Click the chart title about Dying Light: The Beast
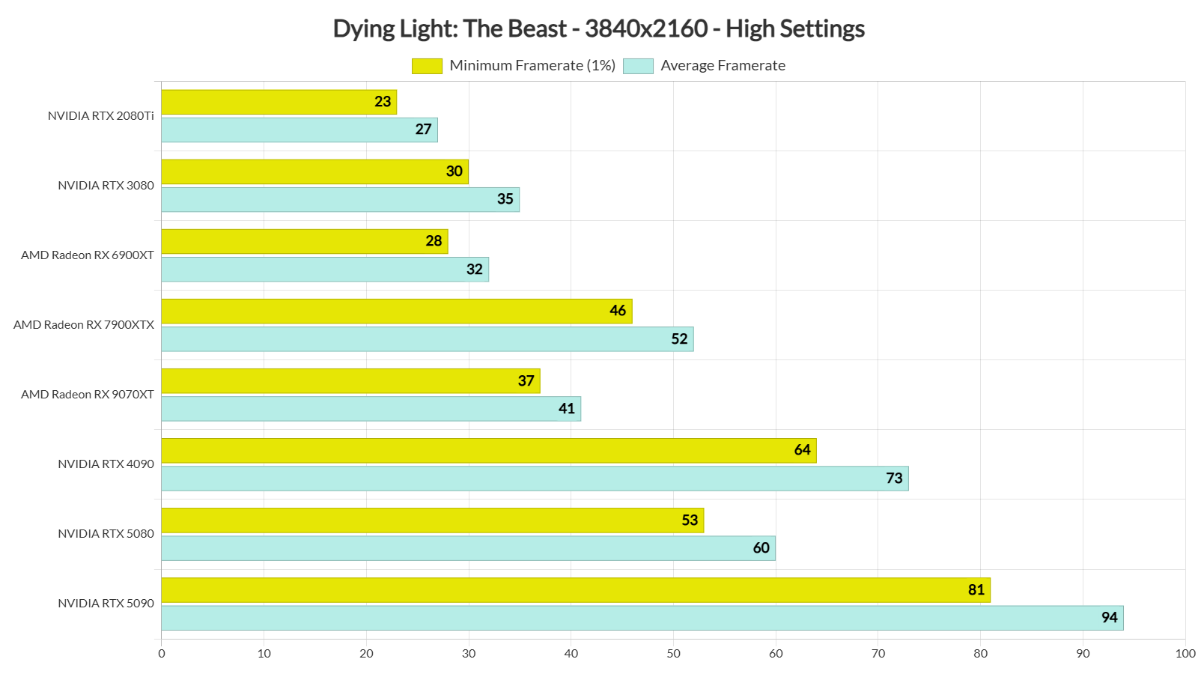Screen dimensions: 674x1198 click(x=598, y=28)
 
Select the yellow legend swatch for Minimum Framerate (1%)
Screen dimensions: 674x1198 click(x=427, y=66)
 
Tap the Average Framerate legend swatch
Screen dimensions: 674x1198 click(x=638, y=66)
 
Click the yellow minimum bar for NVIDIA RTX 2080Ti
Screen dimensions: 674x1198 click(x=279, y=102)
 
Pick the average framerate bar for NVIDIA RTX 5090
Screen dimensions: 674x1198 click(x=642, y=618)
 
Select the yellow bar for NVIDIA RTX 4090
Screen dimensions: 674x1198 click(x=488, y=451)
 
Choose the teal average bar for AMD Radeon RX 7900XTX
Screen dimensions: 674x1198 click(x=427, y=339)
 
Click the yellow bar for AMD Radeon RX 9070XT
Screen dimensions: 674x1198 click(x=350, y=381)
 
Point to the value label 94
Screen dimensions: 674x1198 click(x=1109, y=618)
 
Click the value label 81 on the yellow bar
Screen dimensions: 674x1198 click(x=976, y=590)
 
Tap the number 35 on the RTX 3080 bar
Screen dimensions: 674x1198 click(x=505, y=199)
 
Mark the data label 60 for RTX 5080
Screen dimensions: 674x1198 click(x=761, y=548)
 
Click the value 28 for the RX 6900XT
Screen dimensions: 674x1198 click(x=434, y=241)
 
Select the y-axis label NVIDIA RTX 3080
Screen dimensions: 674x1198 click(x=106, y=186)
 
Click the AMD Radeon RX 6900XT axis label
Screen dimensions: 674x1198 click(x=88, y=255)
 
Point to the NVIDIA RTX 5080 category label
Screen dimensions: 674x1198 click(x=106, y=534)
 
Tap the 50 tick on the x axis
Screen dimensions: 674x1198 click(x=673, y=654)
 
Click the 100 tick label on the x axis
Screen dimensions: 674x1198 click(x=1185, y=654)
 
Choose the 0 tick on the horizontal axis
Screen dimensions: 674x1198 click(x=162, y=654)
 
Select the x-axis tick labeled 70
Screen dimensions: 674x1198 click(x=878, y=654)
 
